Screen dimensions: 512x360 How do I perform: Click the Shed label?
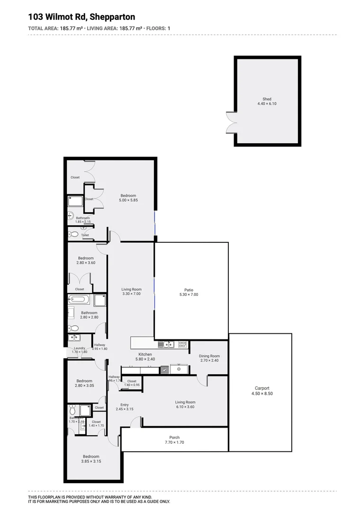point(267,99)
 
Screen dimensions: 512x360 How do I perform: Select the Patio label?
point(189,290)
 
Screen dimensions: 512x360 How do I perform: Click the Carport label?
point(261,388)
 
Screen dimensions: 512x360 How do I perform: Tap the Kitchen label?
point(145,354)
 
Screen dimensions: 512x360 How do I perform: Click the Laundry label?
point(79,348)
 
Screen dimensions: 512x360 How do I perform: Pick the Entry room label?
point(124,405)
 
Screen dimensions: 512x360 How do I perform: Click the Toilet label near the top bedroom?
point(85,235)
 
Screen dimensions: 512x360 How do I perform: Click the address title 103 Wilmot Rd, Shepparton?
point(81,17)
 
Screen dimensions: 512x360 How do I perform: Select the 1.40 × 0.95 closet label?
point(132,385)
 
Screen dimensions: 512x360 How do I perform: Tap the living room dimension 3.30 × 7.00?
point(131,294)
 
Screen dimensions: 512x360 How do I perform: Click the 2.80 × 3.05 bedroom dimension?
point(84,386)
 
